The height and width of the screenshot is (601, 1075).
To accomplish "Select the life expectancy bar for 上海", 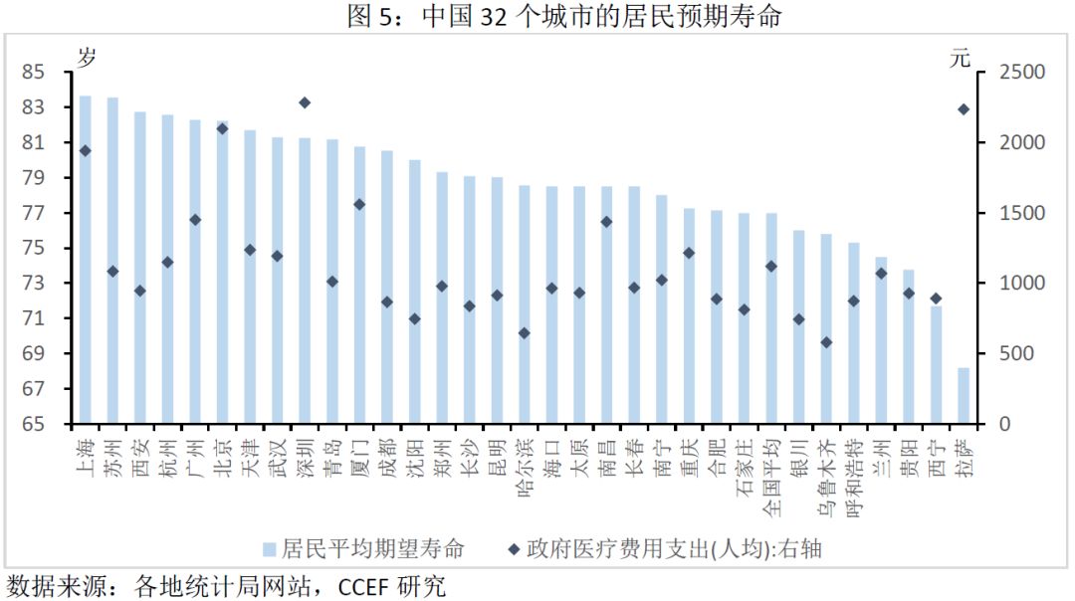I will (86, 259).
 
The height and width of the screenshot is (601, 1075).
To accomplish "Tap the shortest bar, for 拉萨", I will (964, 396).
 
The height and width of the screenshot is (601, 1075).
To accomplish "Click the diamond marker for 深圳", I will (305, 102).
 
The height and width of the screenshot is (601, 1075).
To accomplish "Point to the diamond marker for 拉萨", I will (964, 109).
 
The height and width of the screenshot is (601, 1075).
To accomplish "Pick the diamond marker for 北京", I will (222, 128).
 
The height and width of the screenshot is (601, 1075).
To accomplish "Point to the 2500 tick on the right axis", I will (1010, 72).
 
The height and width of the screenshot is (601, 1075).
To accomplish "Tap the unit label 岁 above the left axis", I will (87, 58).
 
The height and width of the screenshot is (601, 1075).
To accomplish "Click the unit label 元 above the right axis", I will (959, 58).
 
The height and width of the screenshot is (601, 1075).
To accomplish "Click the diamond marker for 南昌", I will (606, 222).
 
